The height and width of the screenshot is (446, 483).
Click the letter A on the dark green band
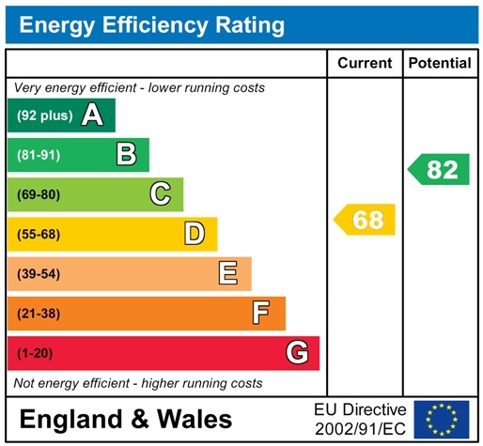pos(91,115)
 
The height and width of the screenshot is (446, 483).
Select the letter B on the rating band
pos(126,155)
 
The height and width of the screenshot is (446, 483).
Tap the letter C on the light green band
pos(161,194)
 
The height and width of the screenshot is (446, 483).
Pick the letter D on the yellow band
pos(195,234)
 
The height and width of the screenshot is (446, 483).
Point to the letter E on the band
pos(227,273)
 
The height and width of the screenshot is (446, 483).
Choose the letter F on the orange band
pos(261,313)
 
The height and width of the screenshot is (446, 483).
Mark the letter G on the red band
pos(297,353)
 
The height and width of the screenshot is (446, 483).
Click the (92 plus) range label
pos(44,116)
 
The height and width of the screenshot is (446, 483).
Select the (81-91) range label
pos(39,155)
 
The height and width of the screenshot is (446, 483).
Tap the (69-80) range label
pos(39,194)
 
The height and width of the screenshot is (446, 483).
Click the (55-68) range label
pos(39,234)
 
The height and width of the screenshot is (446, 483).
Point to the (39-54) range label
pos(39,273)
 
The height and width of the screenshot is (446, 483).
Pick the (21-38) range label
pos(39,313)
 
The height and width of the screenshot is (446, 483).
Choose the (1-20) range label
pos(35,353)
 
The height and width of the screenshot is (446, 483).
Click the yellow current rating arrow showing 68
pos(366,221)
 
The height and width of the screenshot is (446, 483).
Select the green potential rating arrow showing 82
pos(439,170)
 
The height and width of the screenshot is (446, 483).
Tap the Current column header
pos(365,63)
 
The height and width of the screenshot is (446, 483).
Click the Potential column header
pos(440,63)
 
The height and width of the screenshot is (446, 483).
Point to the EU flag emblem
pos(441,419)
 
